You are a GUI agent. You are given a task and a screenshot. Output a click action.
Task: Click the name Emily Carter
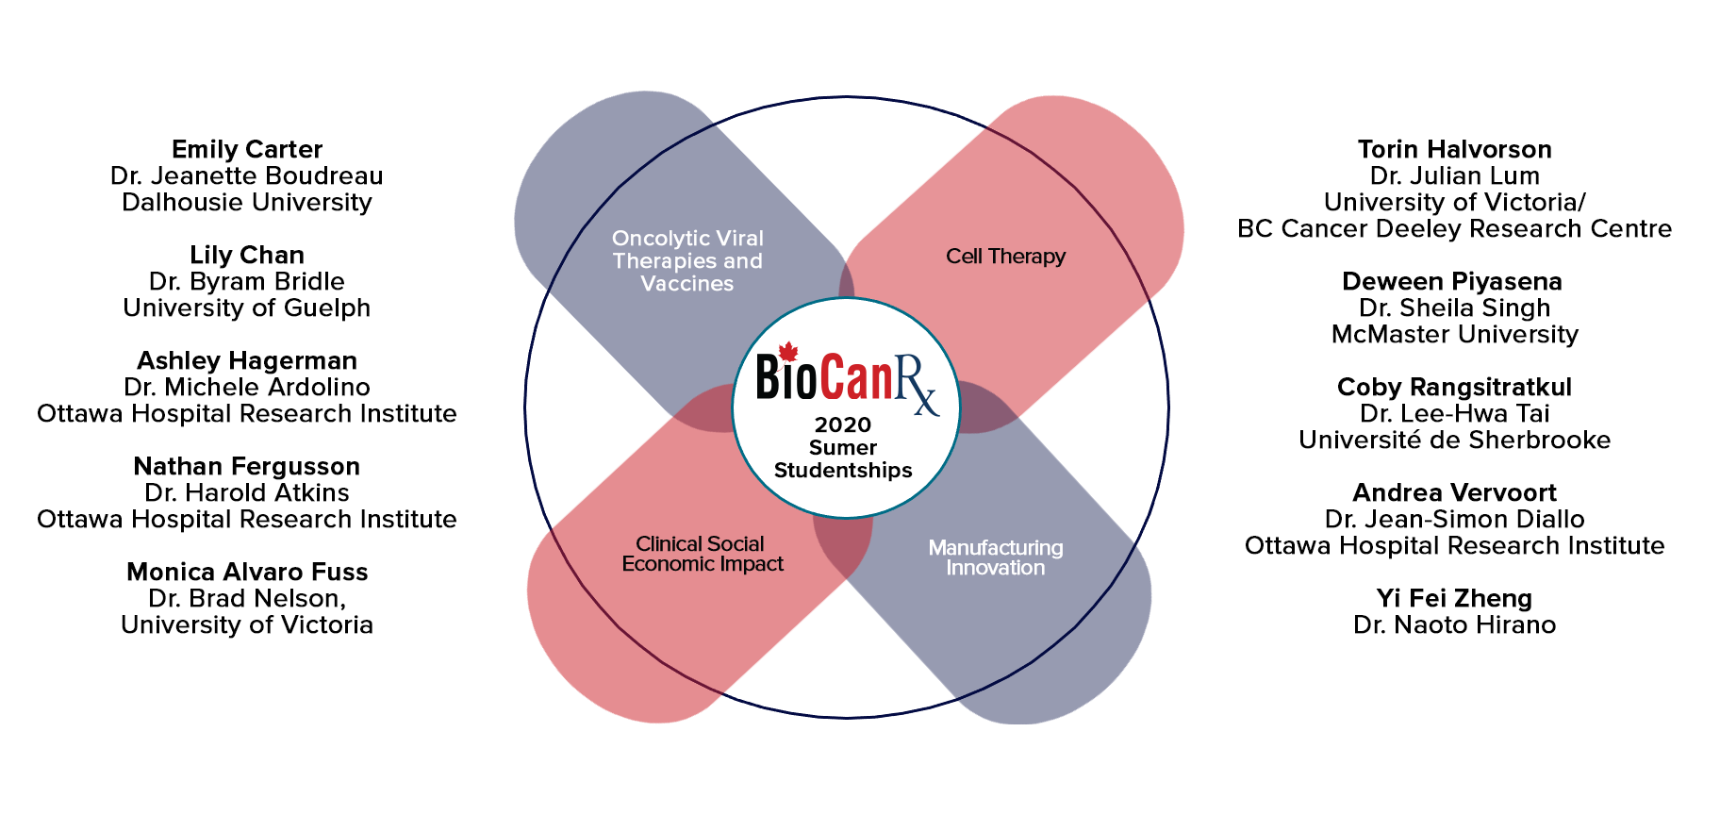pyautogui.click(x=247, y=150)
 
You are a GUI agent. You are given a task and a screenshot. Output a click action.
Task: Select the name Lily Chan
pyautogui.click(x=247, y=256)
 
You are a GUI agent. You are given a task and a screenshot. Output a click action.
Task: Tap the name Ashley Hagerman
pyautogui.click(x=247, y=361)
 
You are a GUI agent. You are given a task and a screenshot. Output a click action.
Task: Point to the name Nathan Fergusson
pyautogui.click(x=247, y=467)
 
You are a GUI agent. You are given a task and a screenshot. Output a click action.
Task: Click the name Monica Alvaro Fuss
pyautogui.click(x=247, y=573)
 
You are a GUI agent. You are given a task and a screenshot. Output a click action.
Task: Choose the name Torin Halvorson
pyautogui.click(x=1455, y=150)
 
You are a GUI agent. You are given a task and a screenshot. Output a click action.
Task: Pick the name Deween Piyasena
pyautogui.click(x=1452, y=282)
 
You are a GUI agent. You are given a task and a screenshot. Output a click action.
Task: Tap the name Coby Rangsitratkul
pyautogui.click(x=1455, y=388)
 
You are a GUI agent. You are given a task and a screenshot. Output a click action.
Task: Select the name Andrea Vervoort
pyautogui.click(x=1455, y=493)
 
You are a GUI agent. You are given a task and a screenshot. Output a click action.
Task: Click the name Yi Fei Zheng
pyautogui.click(x=1454, y=599)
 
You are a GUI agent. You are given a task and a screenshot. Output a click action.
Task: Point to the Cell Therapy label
pyautogui.click(x=1006, y=257)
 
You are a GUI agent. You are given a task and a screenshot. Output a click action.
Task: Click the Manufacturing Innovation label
pyautogui.click(x=996, y=557)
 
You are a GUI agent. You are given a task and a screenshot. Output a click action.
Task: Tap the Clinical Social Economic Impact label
pyautogui.click(x=703, y=554)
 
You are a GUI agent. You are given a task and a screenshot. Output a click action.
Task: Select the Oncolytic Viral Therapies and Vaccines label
pyautogui.click(x=687, y=261)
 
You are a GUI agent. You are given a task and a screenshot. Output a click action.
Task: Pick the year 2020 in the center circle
pyautogui.click(x=843, y=425)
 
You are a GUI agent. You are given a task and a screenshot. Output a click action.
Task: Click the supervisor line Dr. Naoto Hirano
pyautogui.click(x=1455, y=625)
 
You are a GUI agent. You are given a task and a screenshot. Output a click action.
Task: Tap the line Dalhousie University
pyautogui.click(x=247, y=203)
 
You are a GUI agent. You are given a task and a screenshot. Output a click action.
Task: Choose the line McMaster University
pyautogui.click(x=1455, y=335)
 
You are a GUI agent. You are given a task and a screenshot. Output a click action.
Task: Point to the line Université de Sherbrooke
pyautogui.click(x=1455, y=441)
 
